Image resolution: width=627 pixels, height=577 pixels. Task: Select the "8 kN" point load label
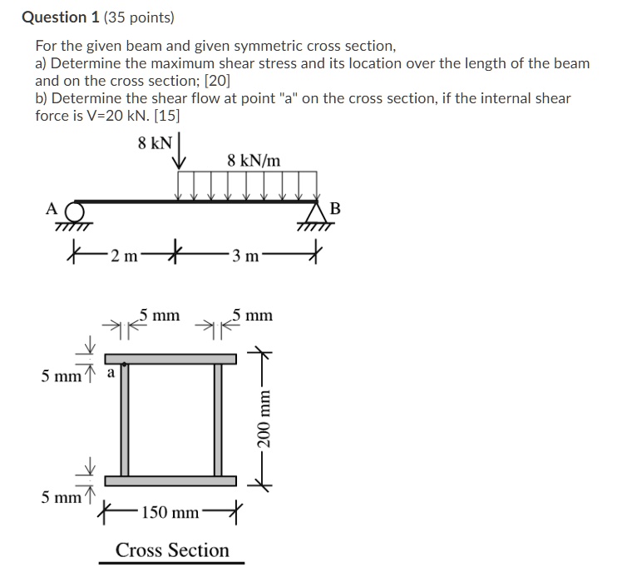[x=155, y=142]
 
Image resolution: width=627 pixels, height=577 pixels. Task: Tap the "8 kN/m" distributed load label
[x=254, y=160]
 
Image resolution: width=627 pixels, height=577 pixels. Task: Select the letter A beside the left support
[x=52, y=208]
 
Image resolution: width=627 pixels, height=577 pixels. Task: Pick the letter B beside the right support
[x=334, y=208]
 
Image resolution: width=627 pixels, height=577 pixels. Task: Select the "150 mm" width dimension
[x=170, y=511]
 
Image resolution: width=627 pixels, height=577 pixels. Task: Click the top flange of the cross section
[x=171, y=358]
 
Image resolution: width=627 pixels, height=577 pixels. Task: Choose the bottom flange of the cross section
[x=171, y=480]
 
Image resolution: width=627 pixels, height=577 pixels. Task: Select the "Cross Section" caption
[x=172, y=550]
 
